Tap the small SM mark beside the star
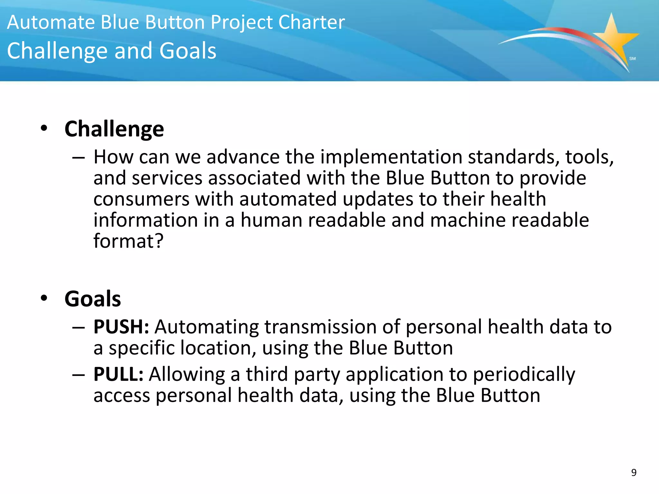(632, 59)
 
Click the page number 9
(634, 472)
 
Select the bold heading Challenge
(114, 129)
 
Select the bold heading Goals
(93, 299)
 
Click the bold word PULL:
(118, 374)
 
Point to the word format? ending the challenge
(128, 241)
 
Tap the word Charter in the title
(311, 23)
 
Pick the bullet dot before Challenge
(44, 128)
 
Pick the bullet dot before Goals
(44, 298)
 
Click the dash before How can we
(79, 158)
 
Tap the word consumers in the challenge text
(141, 199)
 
